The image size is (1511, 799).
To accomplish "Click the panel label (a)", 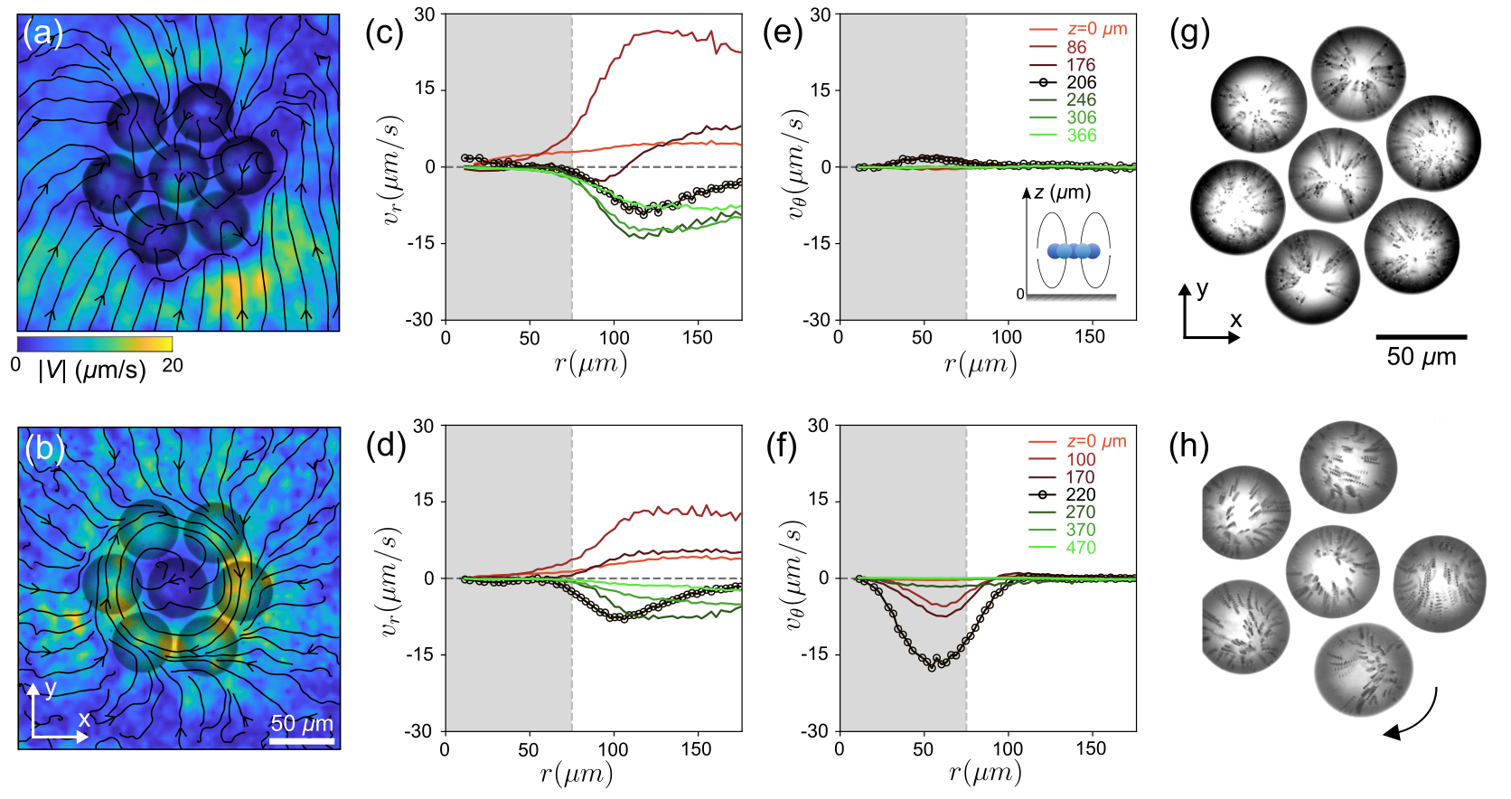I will click(42, 34).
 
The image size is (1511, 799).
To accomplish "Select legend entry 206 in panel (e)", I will click(1081, 82).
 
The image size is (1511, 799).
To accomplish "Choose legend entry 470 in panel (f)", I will click(1080, 548).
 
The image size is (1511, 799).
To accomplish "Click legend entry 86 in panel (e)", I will click(1075, 47).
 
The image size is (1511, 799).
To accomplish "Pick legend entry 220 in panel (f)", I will click(1080, 494).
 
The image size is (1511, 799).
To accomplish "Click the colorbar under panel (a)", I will click(94, 344).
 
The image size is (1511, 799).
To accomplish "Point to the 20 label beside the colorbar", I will click(172, 366).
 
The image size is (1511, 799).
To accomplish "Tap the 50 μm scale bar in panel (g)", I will click(1421, 337).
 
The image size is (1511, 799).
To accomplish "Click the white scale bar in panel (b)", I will click(302, 741).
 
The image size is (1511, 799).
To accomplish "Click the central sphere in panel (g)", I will click(1335, 174).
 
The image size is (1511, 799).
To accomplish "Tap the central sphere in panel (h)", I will click(1332, 571).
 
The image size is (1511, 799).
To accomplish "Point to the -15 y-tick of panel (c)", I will click(421, 243).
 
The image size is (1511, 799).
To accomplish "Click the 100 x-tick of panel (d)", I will click(613, 749).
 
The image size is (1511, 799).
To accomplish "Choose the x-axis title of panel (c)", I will click(591, 363).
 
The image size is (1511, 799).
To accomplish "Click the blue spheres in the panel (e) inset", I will click(1074, 251).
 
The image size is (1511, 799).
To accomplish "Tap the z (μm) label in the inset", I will click(1062, 193).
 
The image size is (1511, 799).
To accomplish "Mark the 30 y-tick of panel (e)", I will click(820, 14).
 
